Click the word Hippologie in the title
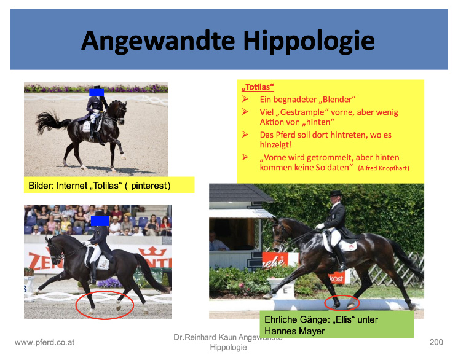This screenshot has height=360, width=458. (x=309, y=41)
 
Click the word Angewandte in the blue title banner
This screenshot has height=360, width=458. (x=158, y=41)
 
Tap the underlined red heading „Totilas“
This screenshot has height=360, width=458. (x=258, y=87)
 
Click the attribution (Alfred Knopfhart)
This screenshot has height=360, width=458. (x=384, y=168)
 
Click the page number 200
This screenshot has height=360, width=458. (x=436, y=342)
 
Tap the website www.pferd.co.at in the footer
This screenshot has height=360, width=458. (x=44, y=342)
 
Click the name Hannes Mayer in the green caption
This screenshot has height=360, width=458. (x=294, y=331)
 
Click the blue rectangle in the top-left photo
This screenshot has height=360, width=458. (x=97, y=93)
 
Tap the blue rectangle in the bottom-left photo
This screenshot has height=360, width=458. (x=100, y=221)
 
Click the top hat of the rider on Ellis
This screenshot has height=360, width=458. (x=335, y=193)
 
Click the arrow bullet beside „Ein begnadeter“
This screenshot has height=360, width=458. (x=245, y=100)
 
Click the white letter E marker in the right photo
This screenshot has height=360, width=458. (x=285, y=291)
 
